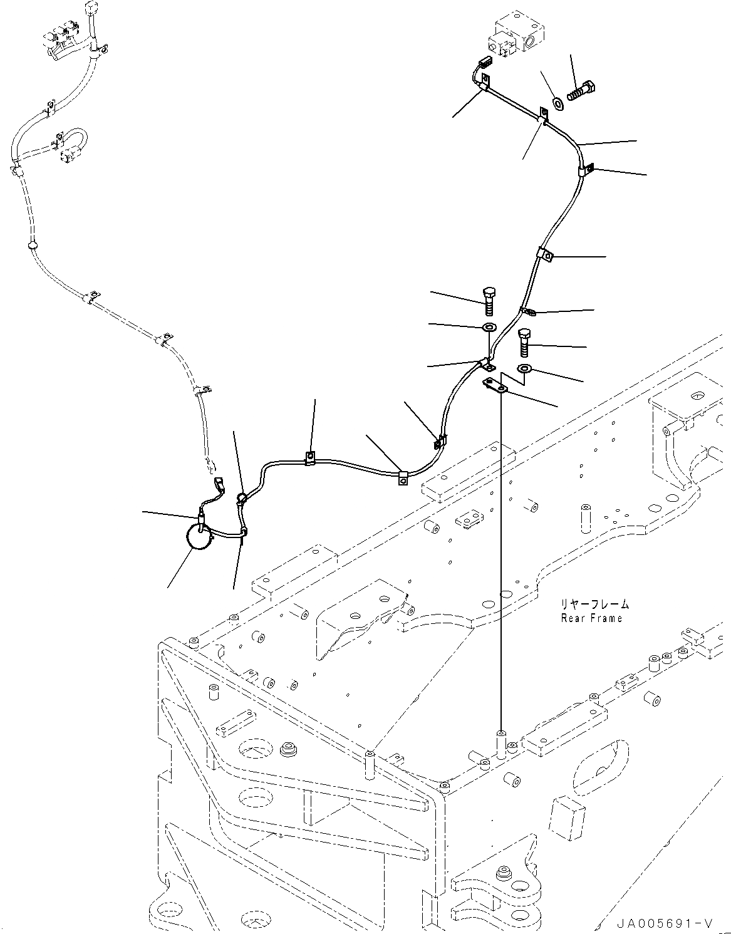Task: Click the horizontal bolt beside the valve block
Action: [582, 91]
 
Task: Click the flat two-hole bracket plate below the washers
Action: [495, 387]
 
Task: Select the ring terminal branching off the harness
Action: [527, 310]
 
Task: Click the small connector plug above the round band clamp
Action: [219, 484]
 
